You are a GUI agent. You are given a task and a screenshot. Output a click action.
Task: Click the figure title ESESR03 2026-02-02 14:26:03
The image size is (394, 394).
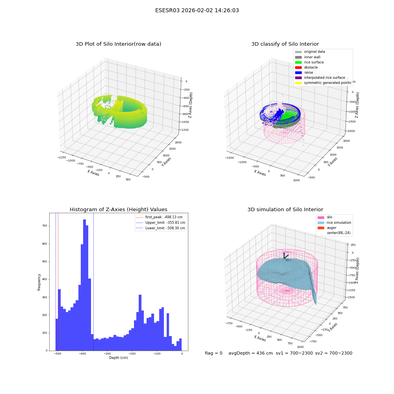pos(197,11)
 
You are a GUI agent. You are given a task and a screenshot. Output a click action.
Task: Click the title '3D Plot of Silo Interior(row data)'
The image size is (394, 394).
pos(118,44)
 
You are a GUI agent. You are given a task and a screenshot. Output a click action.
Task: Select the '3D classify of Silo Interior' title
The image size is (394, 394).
pos(285,44)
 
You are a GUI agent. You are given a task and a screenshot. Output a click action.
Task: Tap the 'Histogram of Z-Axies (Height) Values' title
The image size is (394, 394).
pos(118,210)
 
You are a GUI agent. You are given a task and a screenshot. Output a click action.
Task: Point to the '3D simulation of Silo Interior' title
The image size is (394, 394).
pos(285,210)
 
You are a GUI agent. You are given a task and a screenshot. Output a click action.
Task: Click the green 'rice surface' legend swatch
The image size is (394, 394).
pos(298,62)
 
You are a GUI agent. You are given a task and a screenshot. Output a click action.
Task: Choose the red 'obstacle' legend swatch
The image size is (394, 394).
pos(298,68)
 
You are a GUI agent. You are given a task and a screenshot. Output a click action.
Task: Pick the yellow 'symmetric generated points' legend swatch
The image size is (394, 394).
pos(298,83)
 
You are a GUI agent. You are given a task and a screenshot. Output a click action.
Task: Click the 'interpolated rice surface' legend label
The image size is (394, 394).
pos(324,78)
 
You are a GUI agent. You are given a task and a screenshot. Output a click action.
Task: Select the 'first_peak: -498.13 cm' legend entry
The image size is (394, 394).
pos(159,217)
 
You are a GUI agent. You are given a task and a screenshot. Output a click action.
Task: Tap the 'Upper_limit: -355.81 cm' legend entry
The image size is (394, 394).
pos(161,223)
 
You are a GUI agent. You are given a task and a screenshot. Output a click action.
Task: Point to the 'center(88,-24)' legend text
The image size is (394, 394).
pos(338,233)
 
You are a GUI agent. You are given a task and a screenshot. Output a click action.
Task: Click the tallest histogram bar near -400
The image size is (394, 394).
pos(84,285)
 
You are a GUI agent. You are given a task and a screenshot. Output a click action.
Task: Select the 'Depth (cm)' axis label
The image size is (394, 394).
pos(118,358)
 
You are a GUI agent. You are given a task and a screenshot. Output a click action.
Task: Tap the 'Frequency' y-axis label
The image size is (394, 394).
pos(39,282)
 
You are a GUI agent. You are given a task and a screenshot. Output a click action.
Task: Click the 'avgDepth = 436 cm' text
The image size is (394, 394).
pos(251,353)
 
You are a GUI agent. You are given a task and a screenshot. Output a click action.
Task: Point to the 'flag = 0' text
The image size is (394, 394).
pos(214,353)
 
